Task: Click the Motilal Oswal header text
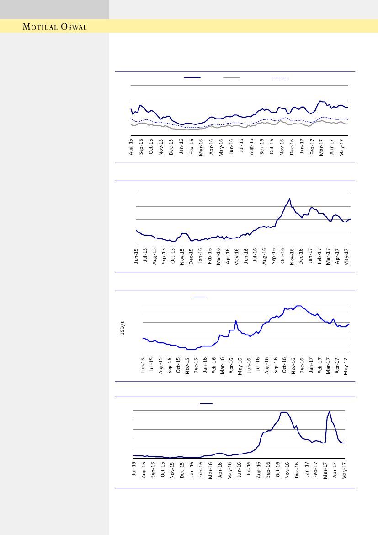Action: click(55, 27)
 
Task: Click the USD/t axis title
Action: click(122, 329)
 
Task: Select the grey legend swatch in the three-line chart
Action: click(232, 78)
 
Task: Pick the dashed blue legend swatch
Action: click(279, 78)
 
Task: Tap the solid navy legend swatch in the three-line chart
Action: click(192, 78)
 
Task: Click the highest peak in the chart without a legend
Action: click(290, 199)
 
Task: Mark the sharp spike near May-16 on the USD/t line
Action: click(236, 321)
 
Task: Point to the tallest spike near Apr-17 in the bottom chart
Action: click(330, 411)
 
